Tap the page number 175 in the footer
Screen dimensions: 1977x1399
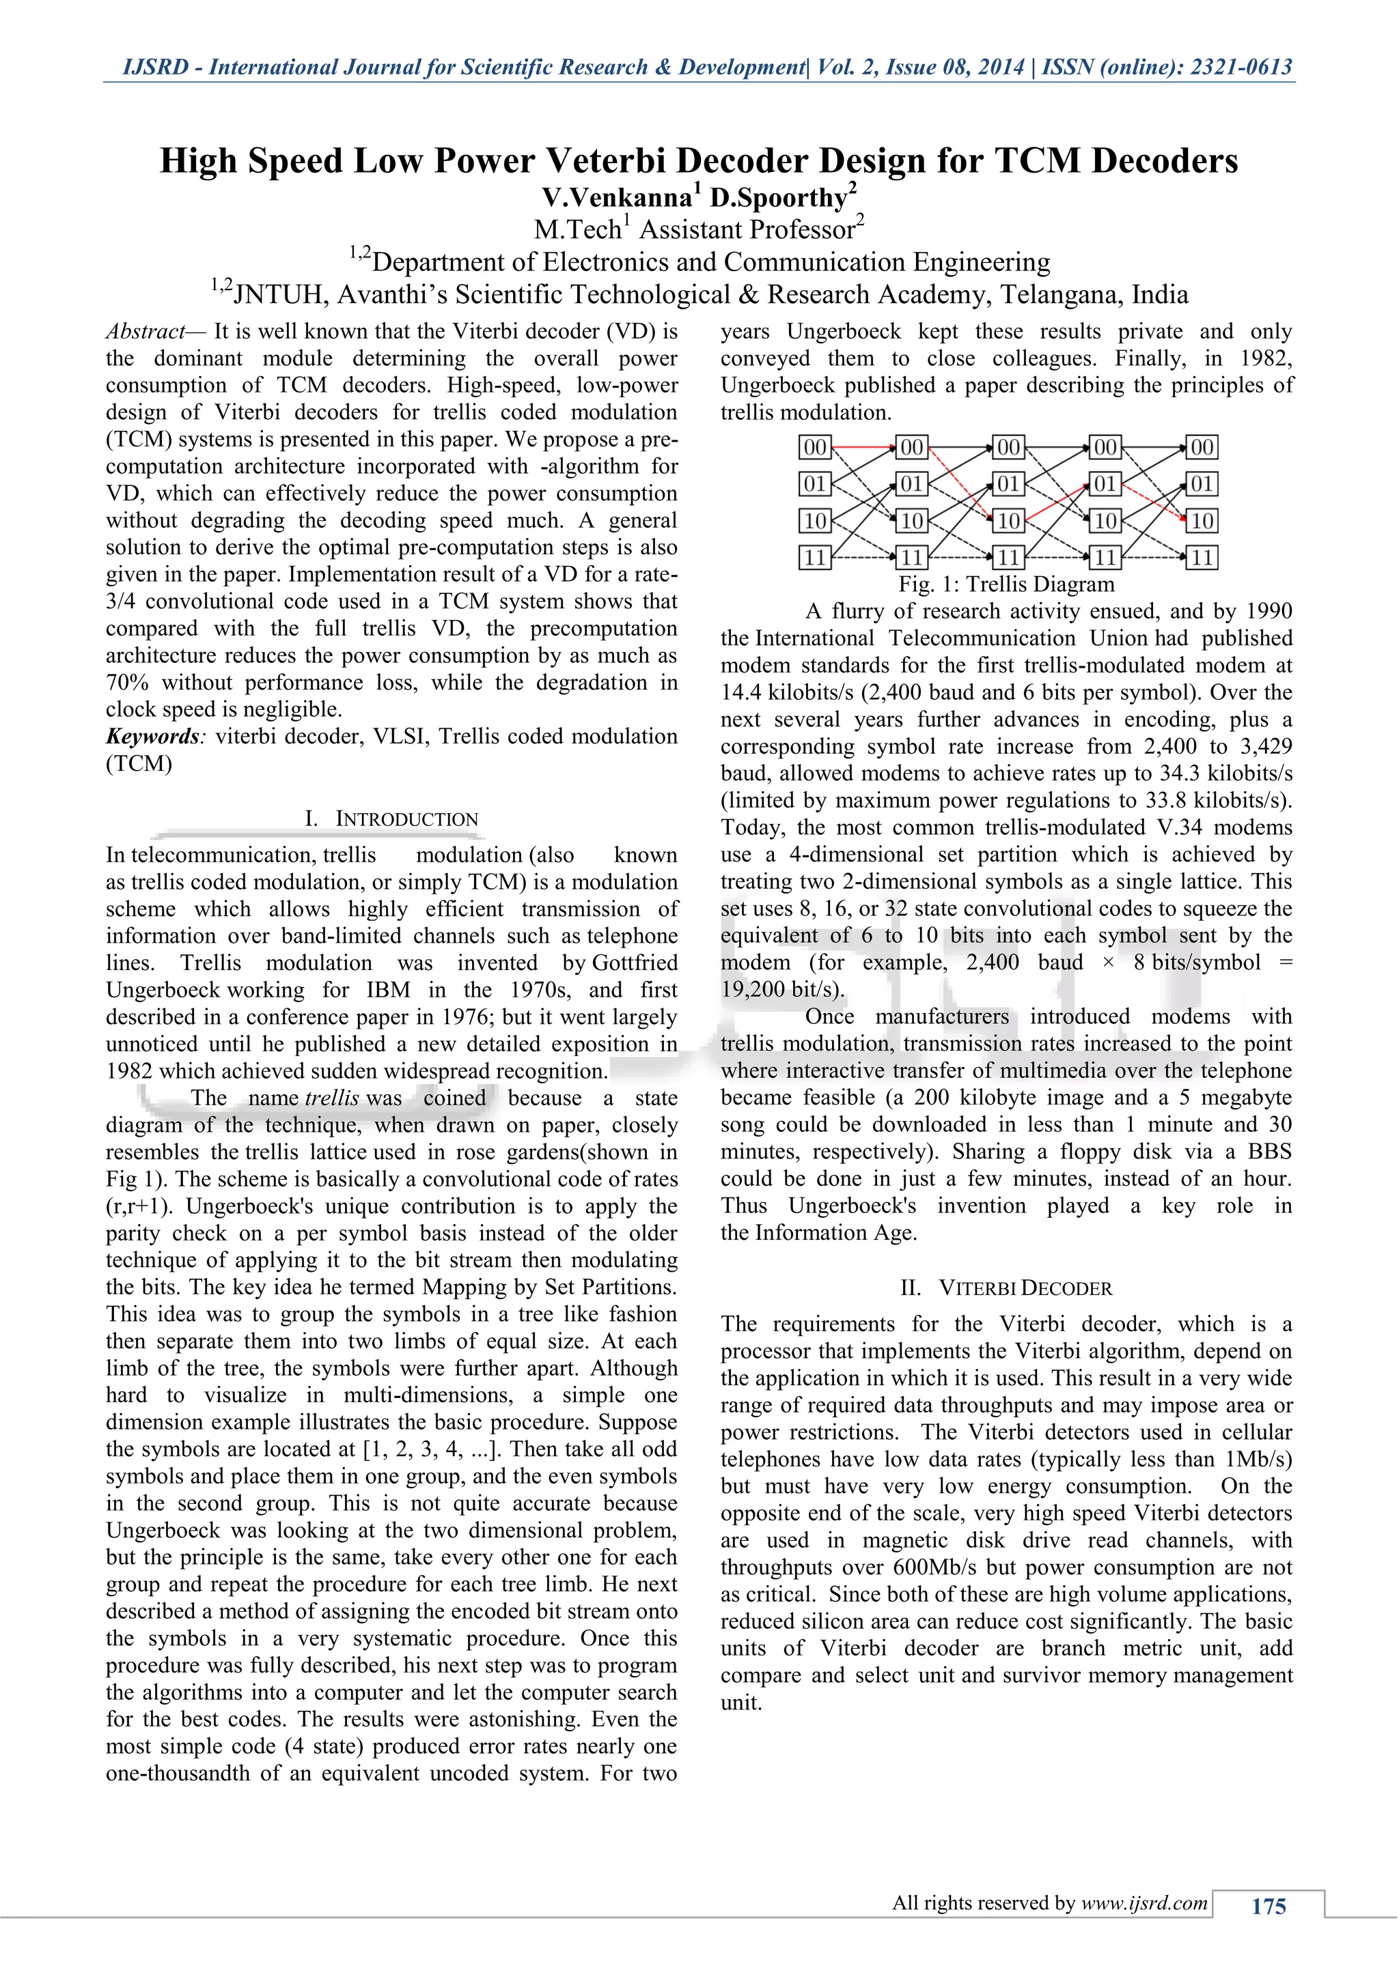[1268, 1907]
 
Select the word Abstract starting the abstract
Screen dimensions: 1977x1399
[145, 332]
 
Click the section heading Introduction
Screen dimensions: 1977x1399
[406, 819]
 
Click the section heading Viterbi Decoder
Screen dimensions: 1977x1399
[1025, 1288]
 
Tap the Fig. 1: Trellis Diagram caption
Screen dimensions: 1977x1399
[1006, 584]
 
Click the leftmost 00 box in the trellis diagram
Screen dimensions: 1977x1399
[815, 448]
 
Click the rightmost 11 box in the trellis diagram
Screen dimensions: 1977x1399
[1202, 558]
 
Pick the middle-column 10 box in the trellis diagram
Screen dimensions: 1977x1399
[1008, 521]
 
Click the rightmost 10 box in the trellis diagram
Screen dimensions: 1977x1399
[1202, 521]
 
